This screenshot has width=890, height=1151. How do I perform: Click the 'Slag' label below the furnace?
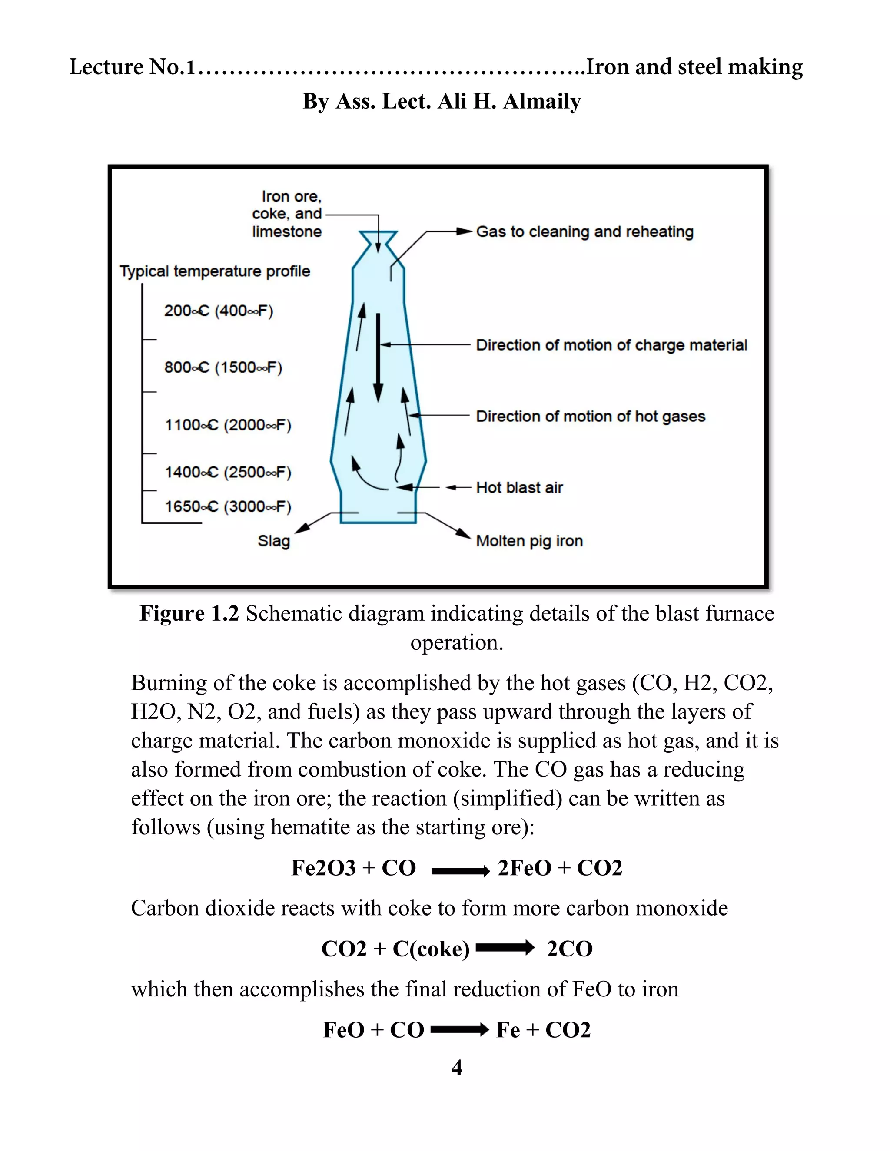click(x=274, y=541)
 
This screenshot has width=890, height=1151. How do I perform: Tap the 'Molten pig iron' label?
click(x=529, y=541)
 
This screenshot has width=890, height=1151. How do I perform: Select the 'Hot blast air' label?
click(x=519, y=487)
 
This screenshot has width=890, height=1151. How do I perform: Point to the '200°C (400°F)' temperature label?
click(x=218, y=311)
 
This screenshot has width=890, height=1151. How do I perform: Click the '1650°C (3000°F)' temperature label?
click(x=228, y=506)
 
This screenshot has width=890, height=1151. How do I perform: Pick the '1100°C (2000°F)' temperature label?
click(x=228, y=425)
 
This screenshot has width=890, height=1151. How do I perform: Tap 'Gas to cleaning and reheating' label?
click(x=584, y=232)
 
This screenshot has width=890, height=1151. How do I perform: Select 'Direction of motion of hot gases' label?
click(x=590, y=417)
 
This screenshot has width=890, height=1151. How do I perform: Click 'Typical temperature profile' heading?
click(x=215, y=271)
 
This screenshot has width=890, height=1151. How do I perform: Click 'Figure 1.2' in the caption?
click(x=189, y=613)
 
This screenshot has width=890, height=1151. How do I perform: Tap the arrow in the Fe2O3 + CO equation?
click(x=460, y=872)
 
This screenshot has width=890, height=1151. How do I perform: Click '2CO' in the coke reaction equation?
click(x=569, y=949)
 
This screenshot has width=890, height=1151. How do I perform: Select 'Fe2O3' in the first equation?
click(x=323, y=868)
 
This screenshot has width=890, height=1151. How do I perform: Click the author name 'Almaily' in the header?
click(x=541, y=101)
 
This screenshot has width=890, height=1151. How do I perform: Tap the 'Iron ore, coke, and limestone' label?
click(x=286, y=214)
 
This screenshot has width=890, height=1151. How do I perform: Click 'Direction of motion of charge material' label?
click(x=611, y=345)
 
